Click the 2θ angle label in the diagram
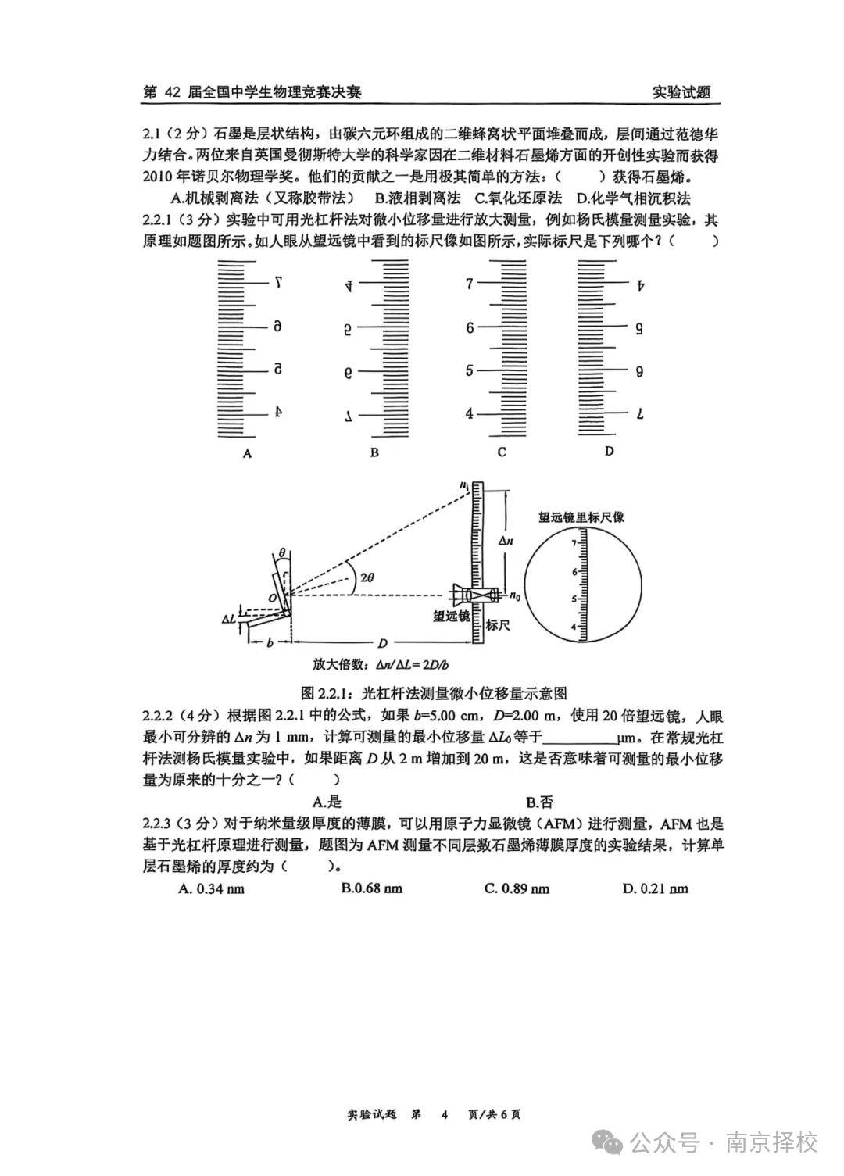pos(366,577)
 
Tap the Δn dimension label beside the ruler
pos(506,540)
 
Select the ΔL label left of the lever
pos(228,618)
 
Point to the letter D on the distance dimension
pos(383,642)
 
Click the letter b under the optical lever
pos(270,642)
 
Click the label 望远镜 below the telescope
pos(451,616)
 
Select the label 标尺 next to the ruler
pos(498,624)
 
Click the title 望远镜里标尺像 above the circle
pos(581,517)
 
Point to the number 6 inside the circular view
pos(574,571)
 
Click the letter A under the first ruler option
pos(247,452)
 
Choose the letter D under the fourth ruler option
pos(610,451)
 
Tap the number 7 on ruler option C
pos(469,284)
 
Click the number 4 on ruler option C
pos(469,413)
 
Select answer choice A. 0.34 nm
pos(212,888)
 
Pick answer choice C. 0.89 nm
pos(517,888)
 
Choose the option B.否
pos(539,801)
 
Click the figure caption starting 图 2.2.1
pos(434,692)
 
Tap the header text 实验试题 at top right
pos(681,92)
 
